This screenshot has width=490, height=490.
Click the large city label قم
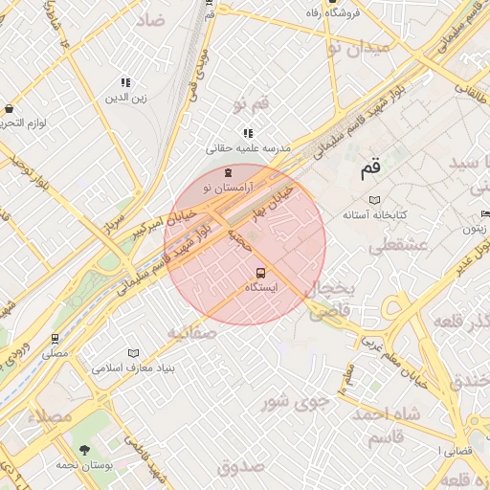(x=369, y=170)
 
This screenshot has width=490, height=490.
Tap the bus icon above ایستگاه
(x=249, y=273)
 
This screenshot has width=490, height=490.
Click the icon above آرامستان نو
(x=227, y=173)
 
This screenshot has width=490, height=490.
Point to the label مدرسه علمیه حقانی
(x=248, y=149)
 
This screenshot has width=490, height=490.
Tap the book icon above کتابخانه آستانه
(x=375, y=199)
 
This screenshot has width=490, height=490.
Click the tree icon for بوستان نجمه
(x=85, y=449)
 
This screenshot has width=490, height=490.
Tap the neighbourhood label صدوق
(x=239, y=466)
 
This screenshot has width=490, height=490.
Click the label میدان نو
(x=358, y=46)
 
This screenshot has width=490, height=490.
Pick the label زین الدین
(x=126, y=98)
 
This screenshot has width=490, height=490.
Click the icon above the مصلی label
(x=55, y=339)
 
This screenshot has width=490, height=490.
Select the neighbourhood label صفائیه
(x=191, y=332)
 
